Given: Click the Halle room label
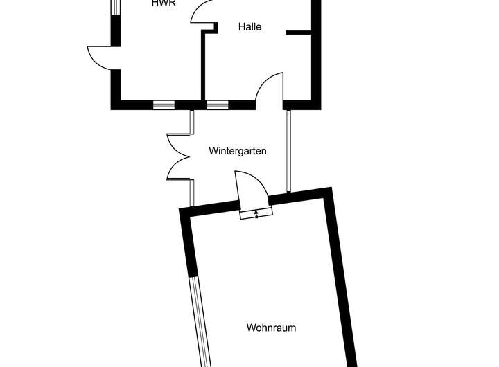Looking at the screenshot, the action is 249,27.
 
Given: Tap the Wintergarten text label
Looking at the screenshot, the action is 238,150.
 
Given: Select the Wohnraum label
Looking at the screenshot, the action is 271,328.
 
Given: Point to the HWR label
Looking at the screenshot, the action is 164,3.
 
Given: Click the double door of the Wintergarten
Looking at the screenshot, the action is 179,156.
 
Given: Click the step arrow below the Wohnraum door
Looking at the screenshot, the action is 256,214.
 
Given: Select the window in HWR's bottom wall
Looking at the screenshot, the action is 164,105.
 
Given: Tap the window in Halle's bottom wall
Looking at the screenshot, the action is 218,105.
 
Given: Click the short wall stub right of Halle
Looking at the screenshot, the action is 299,31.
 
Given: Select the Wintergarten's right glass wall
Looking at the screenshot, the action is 288,150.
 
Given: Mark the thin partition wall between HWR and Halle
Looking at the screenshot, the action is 202,66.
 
